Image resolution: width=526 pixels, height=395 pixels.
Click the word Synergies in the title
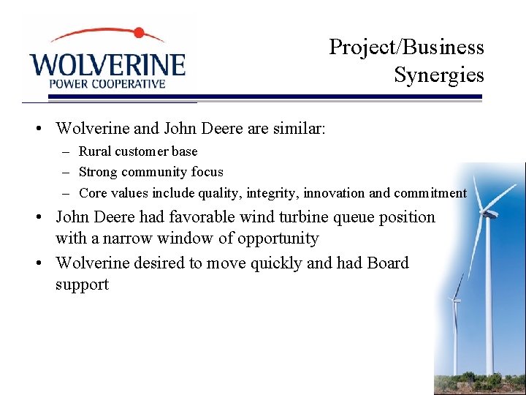click(438, 75)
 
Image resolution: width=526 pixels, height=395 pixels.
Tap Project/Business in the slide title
click(406, 47)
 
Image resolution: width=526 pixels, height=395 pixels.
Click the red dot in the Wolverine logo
click(138, 33)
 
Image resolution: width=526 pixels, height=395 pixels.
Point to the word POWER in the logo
click(66, 83)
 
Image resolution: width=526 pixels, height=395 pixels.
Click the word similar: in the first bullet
click(297, 129)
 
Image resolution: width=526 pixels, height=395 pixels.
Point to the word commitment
click(430, 193)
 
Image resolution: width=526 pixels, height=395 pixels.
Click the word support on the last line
click(82, 284)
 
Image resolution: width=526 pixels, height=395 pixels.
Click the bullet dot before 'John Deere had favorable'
click(45, 218)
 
